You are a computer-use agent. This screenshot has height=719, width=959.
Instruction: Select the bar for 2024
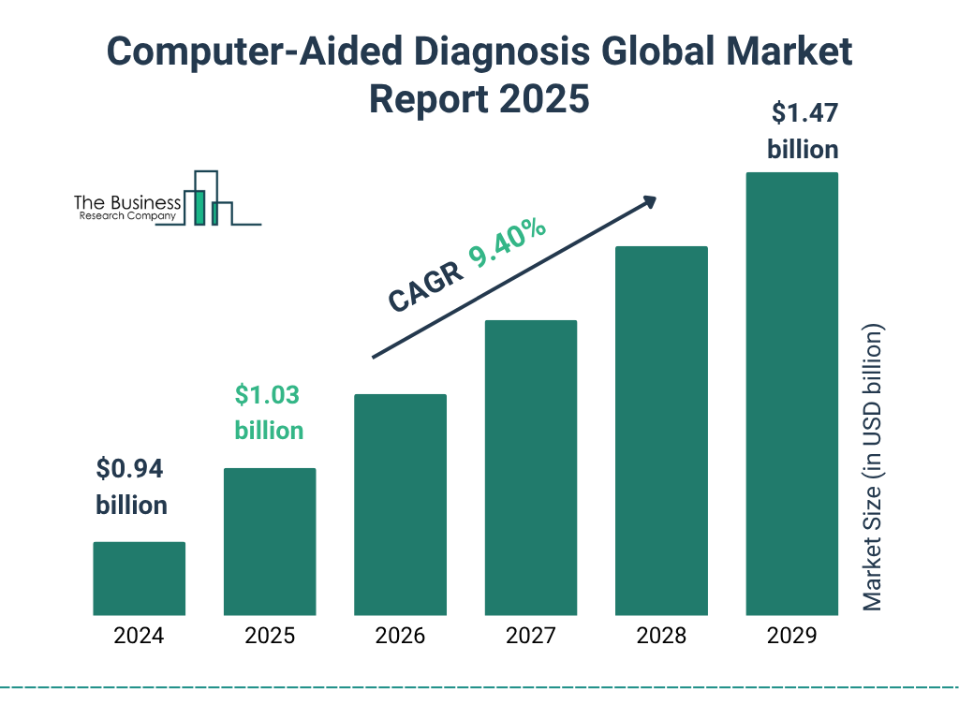(139, 579)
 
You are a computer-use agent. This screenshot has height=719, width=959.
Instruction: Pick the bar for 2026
(400, 505)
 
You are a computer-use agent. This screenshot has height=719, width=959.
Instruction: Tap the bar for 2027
(530, 467)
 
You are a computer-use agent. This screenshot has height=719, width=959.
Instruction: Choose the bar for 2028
(661, 431)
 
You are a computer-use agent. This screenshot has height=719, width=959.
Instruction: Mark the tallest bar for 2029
(791, 393)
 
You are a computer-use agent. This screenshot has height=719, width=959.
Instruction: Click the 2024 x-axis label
(139, 637)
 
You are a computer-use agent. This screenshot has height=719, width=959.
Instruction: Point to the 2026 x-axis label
(400, 637)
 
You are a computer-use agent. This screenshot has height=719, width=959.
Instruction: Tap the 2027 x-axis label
(530, 637)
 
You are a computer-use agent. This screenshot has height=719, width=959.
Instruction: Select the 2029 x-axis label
(791, 637)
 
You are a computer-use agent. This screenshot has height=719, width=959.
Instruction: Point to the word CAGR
(425, 286)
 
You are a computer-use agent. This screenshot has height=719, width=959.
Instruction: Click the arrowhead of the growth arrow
(648, 202)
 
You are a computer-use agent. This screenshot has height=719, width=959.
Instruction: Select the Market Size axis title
(873, 468)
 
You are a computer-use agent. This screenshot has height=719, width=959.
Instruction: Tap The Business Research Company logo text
(127, 207)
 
